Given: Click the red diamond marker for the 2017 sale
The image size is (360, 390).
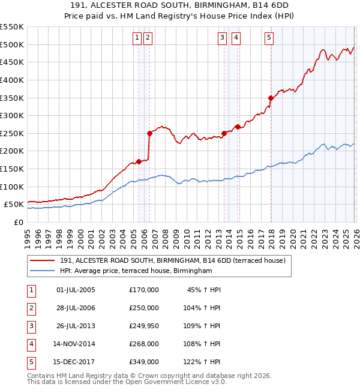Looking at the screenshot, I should pyautogui.click(x=271, y=98).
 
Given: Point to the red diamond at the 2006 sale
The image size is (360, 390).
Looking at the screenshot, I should pyautogui.click(x=149, y=133).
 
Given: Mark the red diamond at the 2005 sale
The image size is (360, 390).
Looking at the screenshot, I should pyautogui.click(x=139, y=161).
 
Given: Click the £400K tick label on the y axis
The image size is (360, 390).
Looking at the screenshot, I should pyautogui.click(x=11, y=80).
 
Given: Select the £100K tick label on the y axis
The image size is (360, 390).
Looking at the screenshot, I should pyautogui.click(x=11, y=187).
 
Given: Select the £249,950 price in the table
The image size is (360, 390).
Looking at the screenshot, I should pyautogui.click(x=144, y=326).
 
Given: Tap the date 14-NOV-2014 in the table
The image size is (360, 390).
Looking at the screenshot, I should pyautogui.click(x=77, y=344).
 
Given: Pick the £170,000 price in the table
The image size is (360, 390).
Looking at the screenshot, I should pyautogui.click(x=144, y=290).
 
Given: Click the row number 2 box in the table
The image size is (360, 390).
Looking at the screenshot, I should pyautogui.click(x=29, y=308).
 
